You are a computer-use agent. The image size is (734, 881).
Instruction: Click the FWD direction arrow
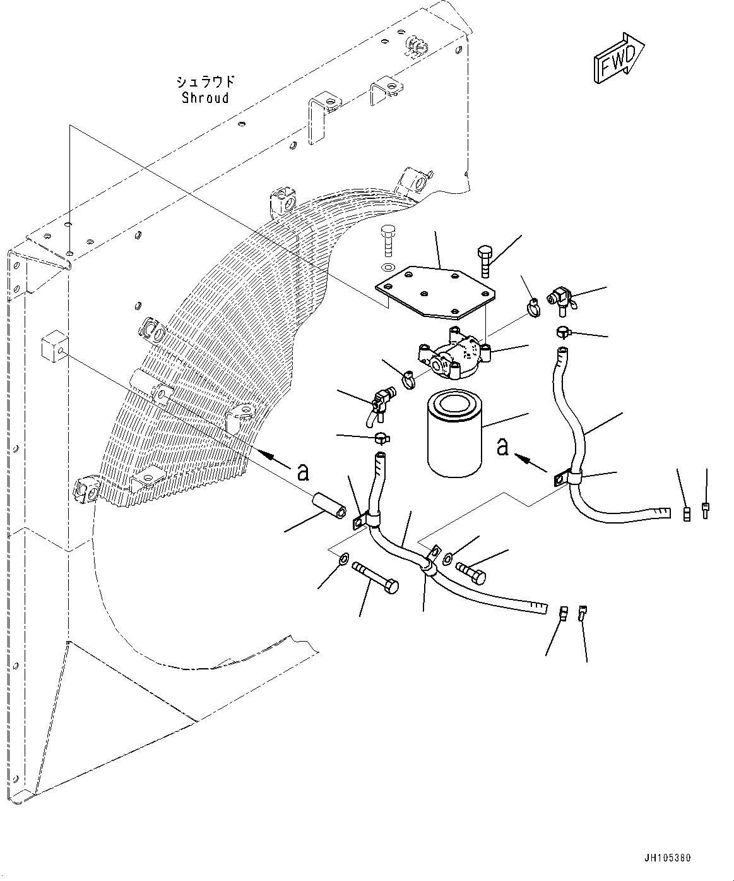(617, 58)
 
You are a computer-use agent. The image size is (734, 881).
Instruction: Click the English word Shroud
(205, 98)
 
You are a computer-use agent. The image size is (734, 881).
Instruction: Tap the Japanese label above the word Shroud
(205, 81)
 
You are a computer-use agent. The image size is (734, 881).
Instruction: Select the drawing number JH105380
(668, 858)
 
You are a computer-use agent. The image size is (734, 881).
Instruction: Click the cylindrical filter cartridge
(454, 435)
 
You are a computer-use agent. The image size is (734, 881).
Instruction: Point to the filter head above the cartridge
(454, 353)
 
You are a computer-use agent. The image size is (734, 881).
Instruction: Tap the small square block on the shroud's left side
(53, 344)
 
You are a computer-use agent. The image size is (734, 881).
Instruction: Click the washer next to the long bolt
(344, 558)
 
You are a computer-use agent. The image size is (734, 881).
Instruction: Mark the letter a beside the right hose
(502, 446)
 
